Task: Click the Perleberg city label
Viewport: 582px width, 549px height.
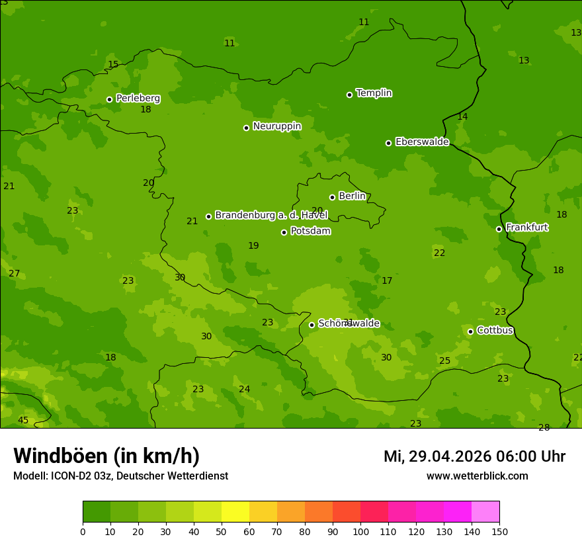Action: click(138, 99)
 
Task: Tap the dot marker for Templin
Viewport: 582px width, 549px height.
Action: click(349, 95)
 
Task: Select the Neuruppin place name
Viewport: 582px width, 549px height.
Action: click(276, 126)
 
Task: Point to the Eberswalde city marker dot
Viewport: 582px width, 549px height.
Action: click(388, 143)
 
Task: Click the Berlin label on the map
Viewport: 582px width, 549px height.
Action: click(352, 196)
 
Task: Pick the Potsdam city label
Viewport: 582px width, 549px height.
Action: click(310, 231)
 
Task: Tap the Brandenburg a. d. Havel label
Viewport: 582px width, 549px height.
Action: click(271, 216)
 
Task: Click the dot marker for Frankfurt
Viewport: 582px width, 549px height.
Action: click(499, 229)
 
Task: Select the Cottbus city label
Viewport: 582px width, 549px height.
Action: click(495, 331)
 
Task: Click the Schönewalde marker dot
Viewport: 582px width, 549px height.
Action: click(312, 325)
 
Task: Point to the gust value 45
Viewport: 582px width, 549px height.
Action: click(23, 421)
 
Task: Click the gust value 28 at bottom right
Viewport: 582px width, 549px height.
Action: click(544, 427)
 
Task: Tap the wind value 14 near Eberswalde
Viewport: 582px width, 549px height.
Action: click(462, 117)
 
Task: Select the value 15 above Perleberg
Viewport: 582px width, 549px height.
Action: click(113, 65)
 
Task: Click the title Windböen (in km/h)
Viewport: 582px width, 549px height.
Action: click(106, 456)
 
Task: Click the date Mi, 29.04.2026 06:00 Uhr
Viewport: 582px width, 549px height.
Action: click(474, 456)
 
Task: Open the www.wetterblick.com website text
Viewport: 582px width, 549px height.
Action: click(477, 476)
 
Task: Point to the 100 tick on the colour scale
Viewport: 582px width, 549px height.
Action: click(360, 531)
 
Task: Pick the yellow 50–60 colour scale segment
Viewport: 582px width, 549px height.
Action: click(235, 512)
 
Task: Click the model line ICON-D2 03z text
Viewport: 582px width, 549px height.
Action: click(120, 476)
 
